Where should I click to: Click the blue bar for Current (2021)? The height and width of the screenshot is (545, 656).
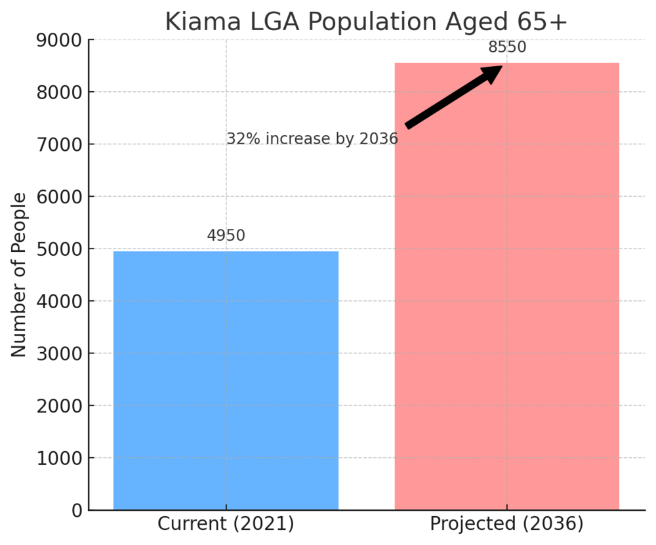click(x=226, y=380)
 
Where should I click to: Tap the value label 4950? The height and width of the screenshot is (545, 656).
click(x=226, y=235)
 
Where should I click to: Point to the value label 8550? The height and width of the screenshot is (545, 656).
click(x=507, y=47)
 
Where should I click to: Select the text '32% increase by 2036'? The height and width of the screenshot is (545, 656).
click(x=312, y=139)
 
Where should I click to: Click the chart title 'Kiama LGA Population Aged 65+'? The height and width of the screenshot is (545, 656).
click(x=365, y=22)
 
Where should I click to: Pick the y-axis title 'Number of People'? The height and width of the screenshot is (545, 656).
click(x=20, y=275)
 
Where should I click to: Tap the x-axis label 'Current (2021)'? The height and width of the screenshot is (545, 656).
click(x=226, y=525)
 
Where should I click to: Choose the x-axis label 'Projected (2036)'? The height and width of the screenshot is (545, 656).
click(x=506, y=525)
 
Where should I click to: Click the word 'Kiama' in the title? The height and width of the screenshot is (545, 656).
click(x=197, y=22)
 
